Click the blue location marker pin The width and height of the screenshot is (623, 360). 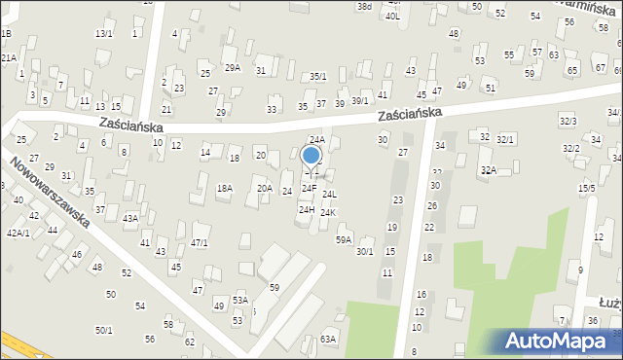click(311, 158)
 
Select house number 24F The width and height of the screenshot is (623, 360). click(309, 187)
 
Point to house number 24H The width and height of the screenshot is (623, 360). click(306, 209)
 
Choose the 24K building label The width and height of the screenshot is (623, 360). click(328, 212)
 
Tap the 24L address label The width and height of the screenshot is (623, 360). click(329, 195)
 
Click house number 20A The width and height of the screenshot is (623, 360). click(264, 188)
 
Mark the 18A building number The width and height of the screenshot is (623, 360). click(225, 188)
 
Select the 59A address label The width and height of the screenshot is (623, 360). click(344, 239)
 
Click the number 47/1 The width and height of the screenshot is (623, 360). click(200, 243)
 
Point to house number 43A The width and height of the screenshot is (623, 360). click(129, 219)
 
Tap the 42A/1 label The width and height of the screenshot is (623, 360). click(18, 233)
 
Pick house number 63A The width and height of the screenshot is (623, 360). click(328, 339)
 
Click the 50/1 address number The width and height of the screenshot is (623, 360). click(103, 330)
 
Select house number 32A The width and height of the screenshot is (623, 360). click(488, 170)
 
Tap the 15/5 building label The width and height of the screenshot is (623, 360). click(586, 188)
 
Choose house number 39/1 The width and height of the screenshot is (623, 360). click(360, 100)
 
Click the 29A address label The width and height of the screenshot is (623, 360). click(233, 68)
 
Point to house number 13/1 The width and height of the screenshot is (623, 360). click(103, 34)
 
